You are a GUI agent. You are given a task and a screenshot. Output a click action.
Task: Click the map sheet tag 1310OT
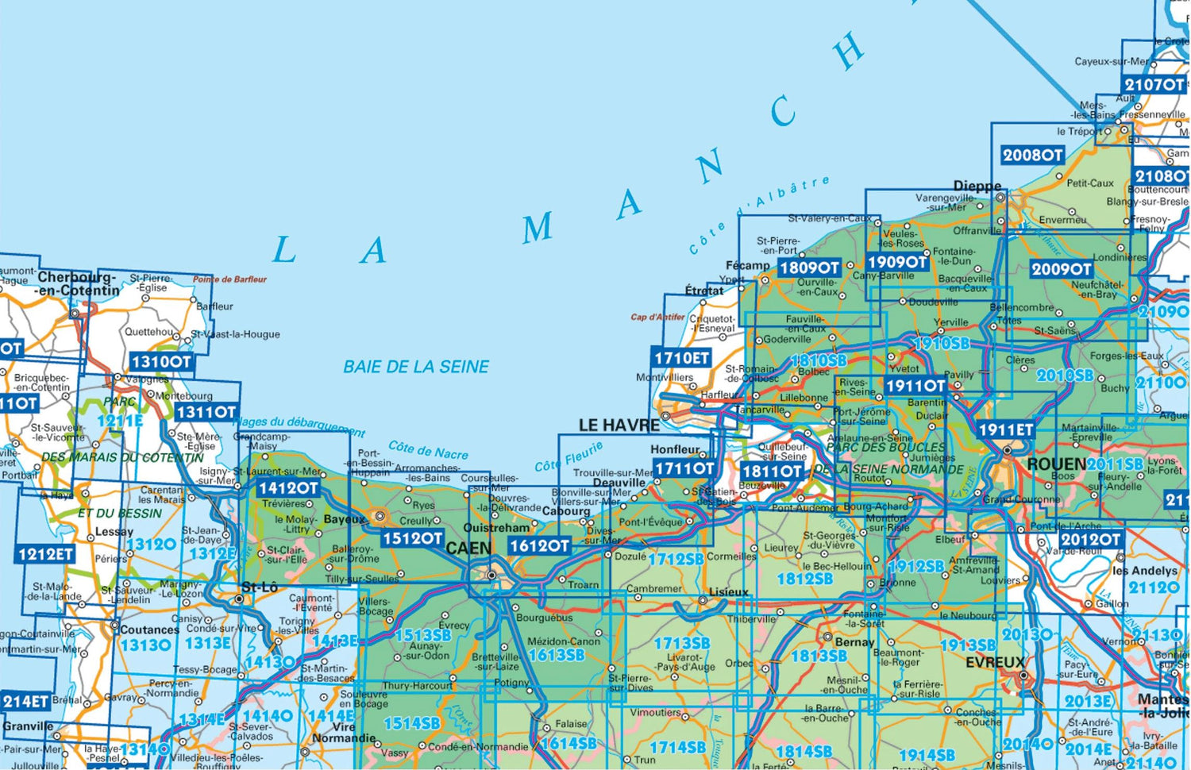pos(161,362)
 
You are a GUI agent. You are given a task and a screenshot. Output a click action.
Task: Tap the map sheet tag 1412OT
pos(287,487)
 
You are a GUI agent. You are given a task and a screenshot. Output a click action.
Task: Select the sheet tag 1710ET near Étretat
pos(681,358)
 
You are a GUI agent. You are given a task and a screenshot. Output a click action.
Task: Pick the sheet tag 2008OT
pos(1031,155)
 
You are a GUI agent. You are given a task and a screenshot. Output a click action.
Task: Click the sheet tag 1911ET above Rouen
pos(1006,429)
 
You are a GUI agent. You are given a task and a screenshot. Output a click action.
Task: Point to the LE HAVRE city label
pos(619,425)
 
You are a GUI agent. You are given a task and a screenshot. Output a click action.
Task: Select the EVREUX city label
pos(995,662)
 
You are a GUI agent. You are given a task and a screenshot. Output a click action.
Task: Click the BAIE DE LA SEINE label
pos(415,367)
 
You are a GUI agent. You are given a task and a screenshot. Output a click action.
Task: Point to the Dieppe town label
pos(977,186)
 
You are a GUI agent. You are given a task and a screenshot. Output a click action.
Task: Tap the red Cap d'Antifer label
pos(657,317)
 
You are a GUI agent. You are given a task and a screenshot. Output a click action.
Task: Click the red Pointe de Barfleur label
pos(229,279)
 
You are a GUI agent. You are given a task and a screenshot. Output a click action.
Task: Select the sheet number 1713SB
pos(681,643)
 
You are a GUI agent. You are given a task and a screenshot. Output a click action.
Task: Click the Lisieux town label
pos(728,592)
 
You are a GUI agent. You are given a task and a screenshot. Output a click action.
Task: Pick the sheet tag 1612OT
pos(539,545)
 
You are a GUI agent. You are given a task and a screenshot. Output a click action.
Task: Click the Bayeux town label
pos(344,519)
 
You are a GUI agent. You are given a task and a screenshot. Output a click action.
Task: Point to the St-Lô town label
pos(259,587)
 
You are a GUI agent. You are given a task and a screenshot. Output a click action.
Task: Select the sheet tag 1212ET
pos(45,553)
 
